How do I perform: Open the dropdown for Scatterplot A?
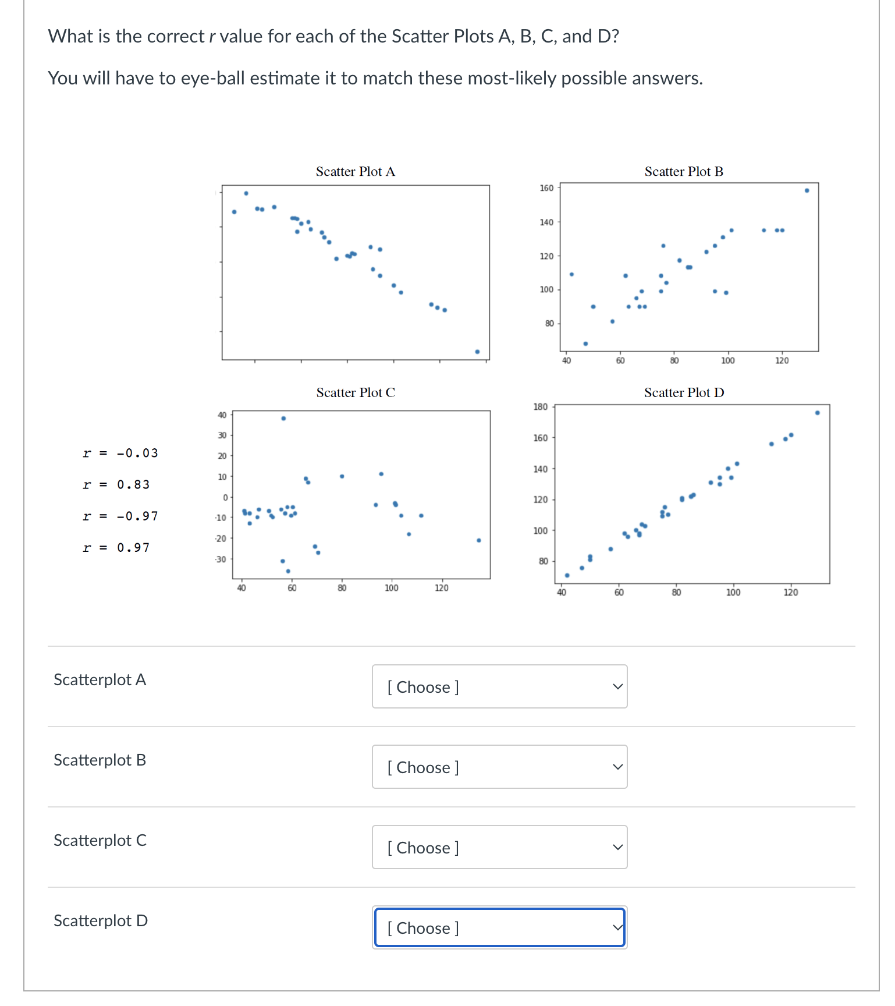[x=499, y=687]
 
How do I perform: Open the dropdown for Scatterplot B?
[x=499, y=767]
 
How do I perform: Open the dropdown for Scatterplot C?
[x=499, y=848]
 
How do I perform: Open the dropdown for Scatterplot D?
[x=499, y=928]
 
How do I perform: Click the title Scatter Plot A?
[x=355, y=172]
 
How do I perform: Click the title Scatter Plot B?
[x=684, y=172]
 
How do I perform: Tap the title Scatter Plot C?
[x=355, y=393]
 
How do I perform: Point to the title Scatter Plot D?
[x=684, y=393]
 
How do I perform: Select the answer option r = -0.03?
[x=120, y=453]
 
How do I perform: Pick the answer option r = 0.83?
[x=116, y=484]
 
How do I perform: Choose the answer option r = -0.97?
[x=120, y=516]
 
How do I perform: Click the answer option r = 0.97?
[x=116, y=547]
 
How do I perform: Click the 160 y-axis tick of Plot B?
[x=546, y=188]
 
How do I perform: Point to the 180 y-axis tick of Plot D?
[x=541, y=407]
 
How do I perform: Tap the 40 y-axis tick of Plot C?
[x=222, y=415]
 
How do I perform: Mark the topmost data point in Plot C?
[x=283, y=419]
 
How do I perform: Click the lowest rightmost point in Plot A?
[x=477, y=352]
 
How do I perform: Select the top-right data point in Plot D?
[x=817, y=413]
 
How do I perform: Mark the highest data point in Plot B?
[x=807, y=190]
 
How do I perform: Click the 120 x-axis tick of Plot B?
[x=782, y=361]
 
